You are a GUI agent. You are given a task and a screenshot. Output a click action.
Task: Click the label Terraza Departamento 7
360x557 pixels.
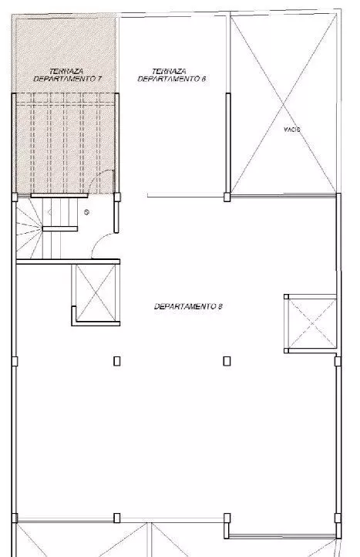(67, 76)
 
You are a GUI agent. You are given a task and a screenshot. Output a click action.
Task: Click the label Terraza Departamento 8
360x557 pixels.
(171, 76)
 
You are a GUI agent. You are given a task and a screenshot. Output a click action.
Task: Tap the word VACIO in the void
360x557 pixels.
(292, 130)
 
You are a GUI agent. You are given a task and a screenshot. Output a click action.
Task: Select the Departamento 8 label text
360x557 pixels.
(188, 306)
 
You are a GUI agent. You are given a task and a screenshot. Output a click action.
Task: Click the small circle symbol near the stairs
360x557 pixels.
(86, 212)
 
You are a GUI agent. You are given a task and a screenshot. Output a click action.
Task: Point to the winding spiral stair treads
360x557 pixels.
(29, 228)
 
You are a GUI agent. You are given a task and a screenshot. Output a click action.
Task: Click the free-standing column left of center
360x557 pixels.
(117, 361)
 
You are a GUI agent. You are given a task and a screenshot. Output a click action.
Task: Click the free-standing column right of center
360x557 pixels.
(227, 361)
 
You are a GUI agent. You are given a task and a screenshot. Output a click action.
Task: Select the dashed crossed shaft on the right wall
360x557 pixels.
(311, 323)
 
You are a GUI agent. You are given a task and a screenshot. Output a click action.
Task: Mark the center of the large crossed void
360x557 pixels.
(284, 105)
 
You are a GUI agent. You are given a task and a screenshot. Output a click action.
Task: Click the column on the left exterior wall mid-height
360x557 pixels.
(15, 361)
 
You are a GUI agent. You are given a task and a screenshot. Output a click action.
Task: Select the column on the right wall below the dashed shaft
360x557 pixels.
(338, 361)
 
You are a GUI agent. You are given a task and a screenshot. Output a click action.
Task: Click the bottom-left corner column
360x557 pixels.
(15, 518)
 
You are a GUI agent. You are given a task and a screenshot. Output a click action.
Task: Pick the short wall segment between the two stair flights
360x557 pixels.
(60, 228)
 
